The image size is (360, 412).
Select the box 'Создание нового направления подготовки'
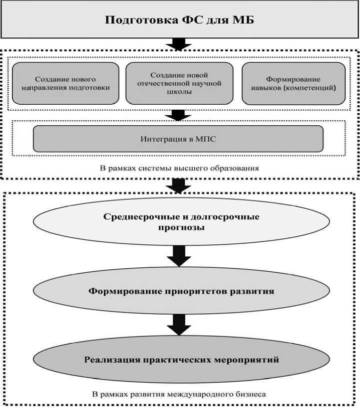(x=65, y=83)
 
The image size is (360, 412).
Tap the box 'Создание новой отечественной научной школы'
(x=179, y=83)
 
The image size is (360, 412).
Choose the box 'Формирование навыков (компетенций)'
(x=293, y=83)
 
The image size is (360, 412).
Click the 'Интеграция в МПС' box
(x=178, y=138)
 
